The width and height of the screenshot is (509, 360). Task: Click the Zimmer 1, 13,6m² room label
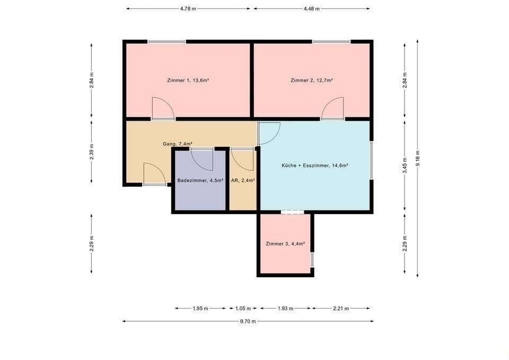(188, 80)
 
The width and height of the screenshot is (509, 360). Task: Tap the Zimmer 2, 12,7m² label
(312, 80)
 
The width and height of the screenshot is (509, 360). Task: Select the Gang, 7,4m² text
(177, 144)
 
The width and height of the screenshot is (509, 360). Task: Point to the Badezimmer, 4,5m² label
(200, 180)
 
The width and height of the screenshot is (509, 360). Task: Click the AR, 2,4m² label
(243, 180)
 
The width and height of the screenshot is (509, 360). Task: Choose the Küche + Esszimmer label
(314, 165)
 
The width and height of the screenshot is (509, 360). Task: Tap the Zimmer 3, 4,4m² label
(285, 244)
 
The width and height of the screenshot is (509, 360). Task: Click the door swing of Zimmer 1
(163, 109)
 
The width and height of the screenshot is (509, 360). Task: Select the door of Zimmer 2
(332, 109)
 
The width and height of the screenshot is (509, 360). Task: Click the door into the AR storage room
(243, 158)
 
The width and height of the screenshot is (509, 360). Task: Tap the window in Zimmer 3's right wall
(312, 260)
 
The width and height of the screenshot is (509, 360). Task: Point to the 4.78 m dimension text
(188, 8)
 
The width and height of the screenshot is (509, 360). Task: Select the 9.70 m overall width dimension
(247, 321)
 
